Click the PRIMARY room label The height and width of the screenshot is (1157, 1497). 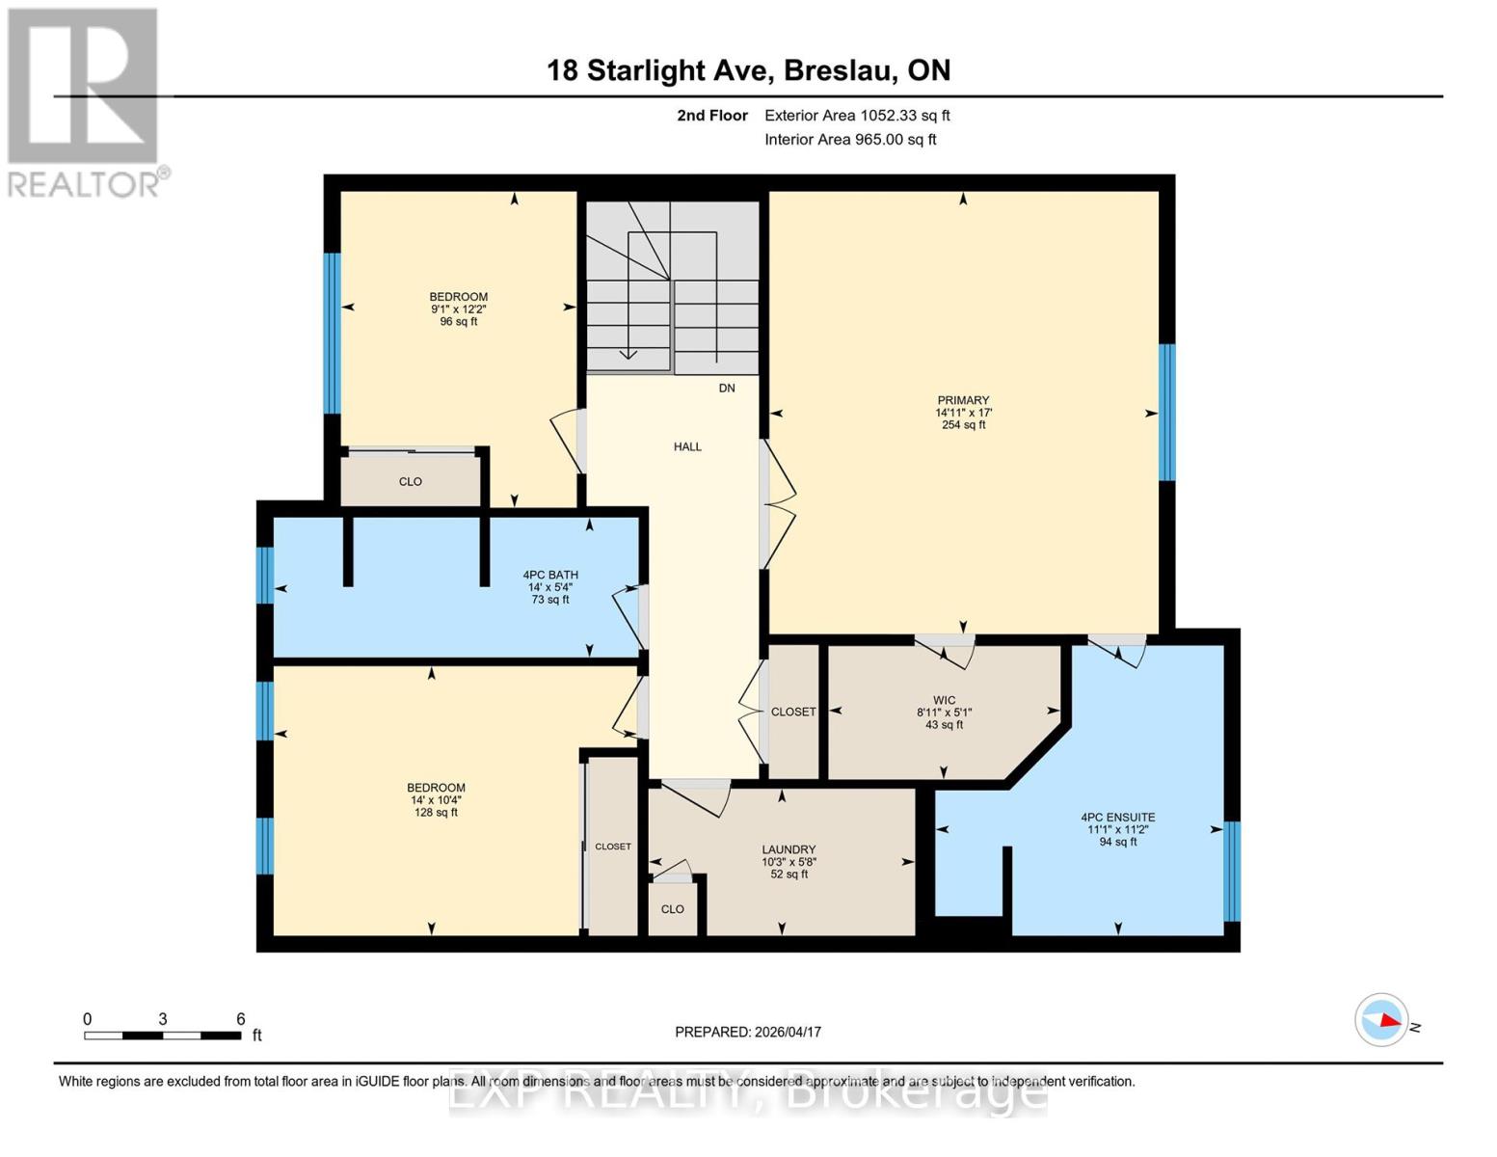[x=963, y=400]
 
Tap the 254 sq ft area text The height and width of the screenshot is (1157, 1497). [x=963, y=425]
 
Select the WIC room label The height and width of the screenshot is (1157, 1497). [x=944, y=700]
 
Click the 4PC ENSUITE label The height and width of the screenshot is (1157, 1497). [x=1117, y=817]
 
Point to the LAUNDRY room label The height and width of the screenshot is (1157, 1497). [x=789, y=849]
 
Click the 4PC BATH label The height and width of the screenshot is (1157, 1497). [x=550, y=575]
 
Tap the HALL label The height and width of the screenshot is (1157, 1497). [x=687, y=446]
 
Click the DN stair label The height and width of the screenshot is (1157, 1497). [x=727, y=388]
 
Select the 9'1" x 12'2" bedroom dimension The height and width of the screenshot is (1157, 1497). [x=459, y=309]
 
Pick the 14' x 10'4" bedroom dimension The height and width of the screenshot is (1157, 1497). [x=436, y=800]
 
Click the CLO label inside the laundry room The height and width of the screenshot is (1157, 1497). [x=673, y=909]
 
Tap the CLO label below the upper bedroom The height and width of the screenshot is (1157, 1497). [x=411, y=481]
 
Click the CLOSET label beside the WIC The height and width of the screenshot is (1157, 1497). [x=793, y=712]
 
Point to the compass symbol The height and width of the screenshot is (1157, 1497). [x=1381, y=1019]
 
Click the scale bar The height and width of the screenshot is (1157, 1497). [x=163, y=1036]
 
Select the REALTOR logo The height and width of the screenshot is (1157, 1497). [x=84, y=101]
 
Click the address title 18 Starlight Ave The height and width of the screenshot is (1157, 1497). [x=748, y=70]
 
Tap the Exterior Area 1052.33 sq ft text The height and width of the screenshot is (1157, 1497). [x=857, y=115]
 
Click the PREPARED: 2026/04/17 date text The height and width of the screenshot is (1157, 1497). [x=748, y=1032]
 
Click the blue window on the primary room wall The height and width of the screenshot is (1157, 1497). [x=1166, y=412]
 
